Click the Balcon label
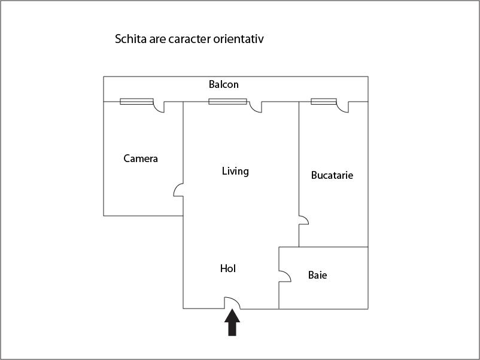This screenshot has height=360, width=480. pos(223,84)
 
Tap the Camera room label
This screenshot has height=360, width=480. pos(141,158)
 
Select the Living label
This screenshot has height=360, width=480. pos(235,171)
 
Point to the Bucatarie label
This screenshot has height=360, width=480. pos(332,175)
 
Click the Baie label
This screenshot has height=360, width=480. pos(317,275)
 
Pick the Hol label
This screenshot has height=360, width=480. pos(228,269)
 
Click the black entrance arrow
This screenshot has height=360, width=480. pos(232,322)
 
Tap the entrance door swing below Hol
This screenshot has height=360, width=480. pos(232,303)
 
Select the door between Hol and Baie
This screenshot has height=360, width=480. pos(285,276)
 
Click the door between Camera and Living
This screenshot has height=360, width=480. pos(178,190)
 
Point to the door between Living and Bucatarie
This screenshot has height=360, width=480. pos(303,220)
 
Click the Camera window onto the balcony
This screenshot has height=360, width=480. pos(136,102)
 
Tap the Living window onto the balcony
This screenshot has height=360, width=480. pos(228,102)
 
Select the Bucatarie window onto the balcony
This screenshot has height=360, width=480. pos(324,102)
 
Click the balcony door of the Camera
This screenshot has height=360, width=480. pos(159,107)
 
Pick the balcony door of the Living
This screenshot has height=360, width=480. pos(256,107)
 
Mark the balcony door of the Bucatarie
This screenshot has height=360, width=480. pos(343,107)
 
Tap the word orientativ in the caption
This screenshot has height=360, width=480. pos(238,39)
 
